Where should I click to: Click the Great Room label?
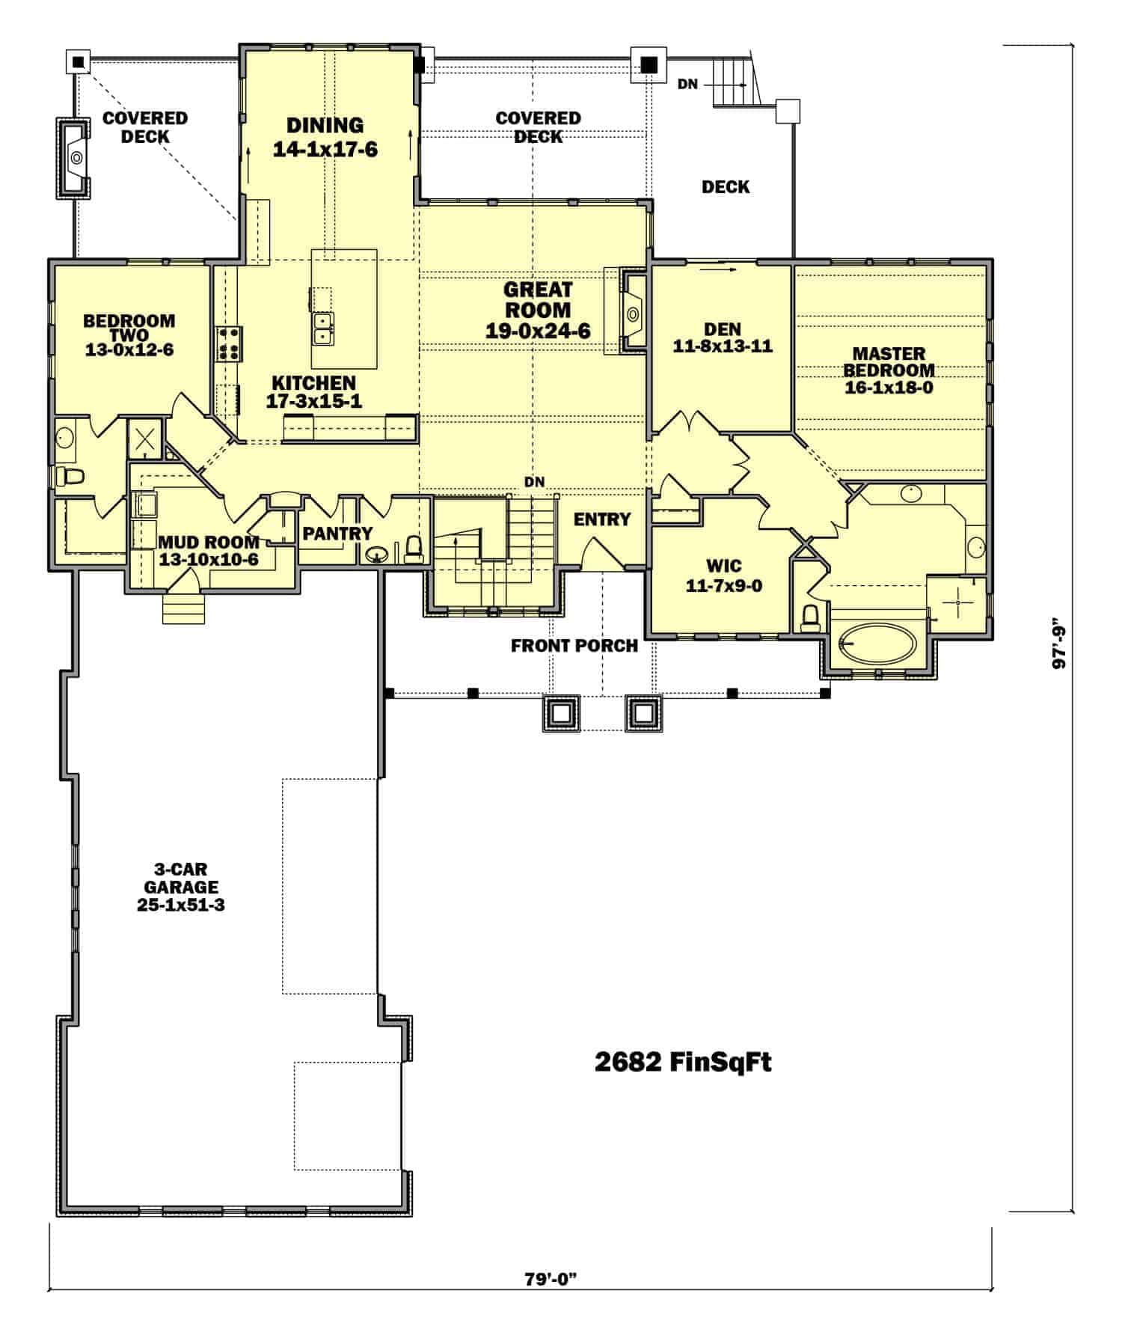coord(538,299)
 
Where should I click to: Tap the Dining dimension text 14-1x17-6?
coord(325,150)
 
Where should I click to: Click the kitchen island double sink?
coord(323,326)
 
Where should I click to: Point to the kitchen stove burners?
coord(229,341)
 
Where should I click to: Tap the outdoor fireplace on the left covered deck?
coord(75,157)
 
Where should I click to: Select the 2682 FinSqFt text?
coord(682,1063)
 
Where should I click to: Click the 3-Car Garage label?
coord(181,888)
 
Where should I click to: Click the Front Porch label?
coord(574,645)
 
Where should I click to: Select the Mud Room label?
coord(209,550)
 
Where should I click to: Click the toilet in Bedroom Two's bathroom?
coord(73,476)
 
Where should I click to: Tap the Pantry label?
coord(337,533)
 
